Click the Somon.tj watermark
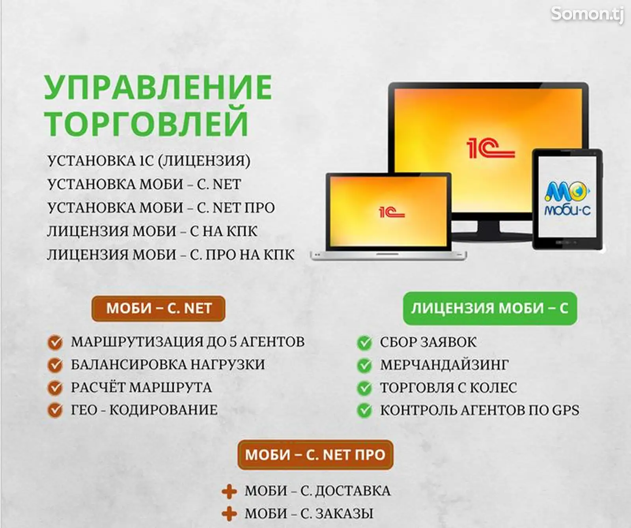587,15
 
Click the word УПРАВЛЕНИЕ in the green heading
158,88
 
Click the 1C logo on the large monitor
490,149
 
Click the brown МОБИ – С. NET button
159,308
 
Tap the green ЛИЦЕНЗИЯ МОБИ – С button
489,308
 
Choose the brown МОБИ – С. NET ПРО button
315,455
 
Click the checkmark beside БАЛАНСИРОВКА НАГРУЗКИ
55,365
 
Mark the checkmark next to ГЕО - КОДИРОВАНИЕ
55,410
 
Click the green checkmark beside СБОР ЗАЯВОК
364,342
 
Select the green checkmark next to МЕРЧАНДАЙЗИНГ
364,365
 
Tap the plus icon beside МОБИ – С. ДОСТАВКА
229,491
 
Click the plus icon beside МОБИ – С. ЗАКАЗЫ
229,514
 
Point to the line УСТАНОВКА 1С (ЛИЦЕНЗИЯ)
149,161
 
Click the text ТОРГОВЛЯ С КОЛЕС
448,388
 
